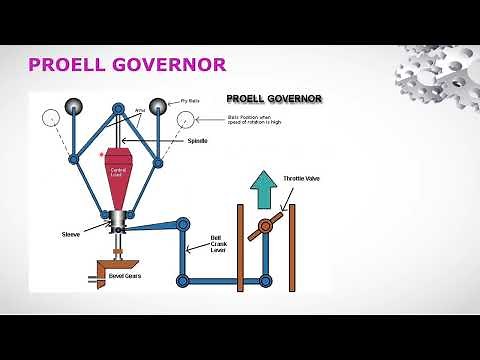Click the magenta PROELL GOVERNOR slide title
(x=127, y=66)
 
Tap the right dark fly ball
(x=160, y=106)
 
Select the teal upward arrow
(x=261, y=186)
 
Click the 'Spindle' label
(x=198, y=141)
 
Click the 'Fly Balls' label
(x=192, y=101)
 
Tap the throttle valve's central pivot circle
(x=267, y=223)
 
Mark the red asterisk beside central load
(x=101, y=156)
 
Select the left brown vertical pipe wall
(x=240, y=245)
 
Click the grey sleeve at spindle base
(x=119, y=220)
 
